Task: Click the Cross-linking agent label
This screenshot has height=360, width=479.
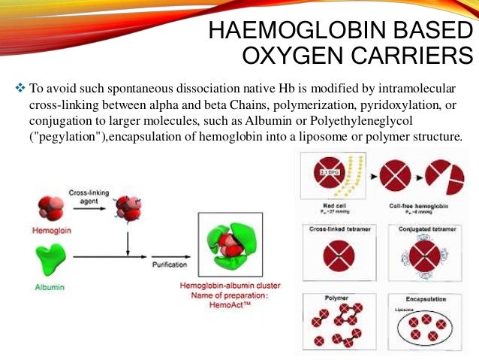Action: tap(92, 197)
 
